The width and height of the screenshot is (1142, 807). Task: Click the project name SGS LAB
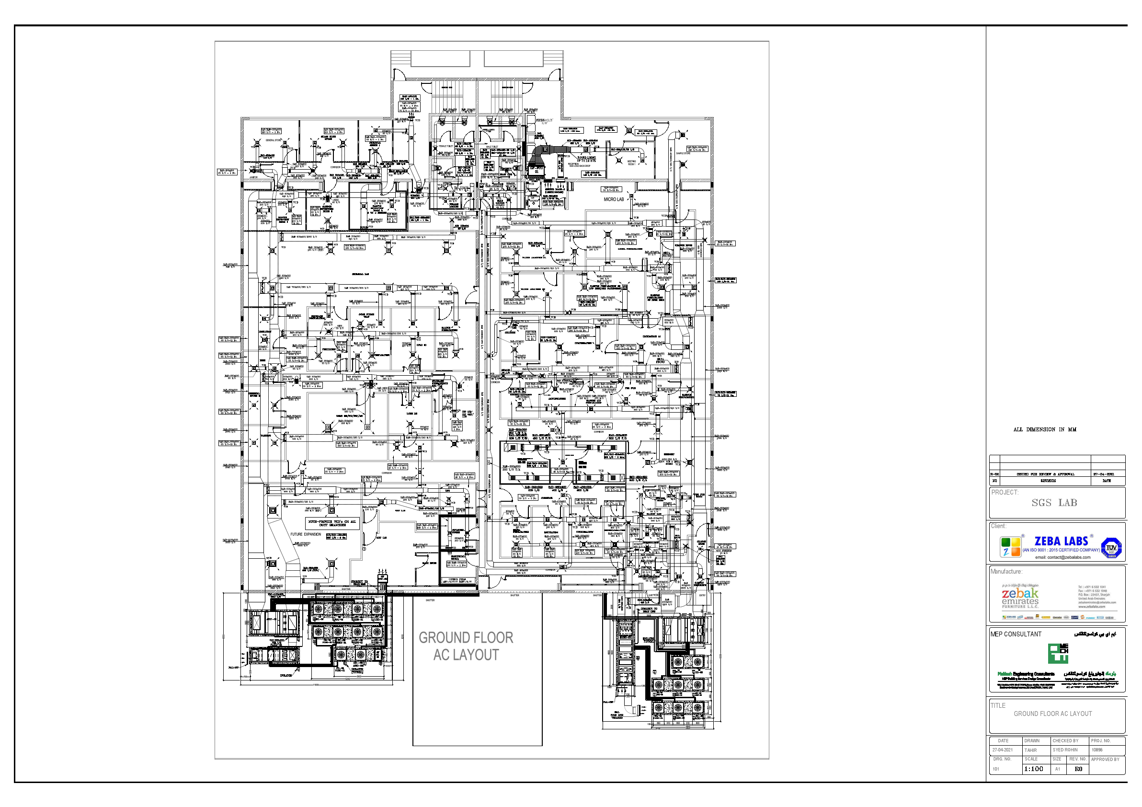[1054, 503]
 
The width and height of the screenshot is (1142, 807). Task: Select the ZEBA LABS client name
[1061, 542]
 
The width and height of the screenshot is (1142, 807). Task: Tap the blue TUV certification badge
[1112, 548]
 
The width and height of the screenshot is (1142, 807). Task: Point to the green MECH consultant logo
[1058, 653]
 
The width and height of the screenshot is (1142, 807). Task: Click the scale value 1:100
[1034, 769]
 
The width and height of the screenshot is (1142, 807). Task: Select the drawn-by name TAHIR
[1030, 750]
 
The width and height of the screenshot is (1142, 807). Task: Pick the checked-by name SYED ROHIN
[1065, 750]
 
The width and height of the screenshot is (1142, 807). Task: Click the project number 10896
[1097, 750]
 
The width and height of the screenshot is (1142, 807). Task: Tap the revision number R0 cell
[1078, 769]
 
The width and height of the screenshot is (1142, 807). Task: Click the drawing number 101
[996, 769]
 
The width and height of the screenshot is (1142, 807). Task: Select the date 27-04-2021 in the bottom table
[1003, 750]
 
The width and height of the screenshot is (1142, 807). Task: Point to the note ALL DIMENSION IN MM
[1044, 430]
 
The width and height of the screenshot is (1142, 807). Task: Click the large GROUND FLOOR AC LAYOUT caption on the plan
[466, 646]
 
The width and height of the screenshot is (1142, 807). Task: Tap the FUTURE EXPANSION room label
[306, 534]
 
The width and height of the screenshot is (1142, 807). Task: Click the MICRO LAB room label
[613, 199]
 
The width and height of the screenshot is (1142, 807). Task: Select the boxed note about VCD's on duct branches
[332, 523]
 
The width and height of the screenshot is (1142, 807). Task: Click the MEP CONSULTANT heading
[1016, 634]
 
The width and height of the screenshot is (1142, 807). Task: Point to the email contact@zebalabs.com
[1062, 557]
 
